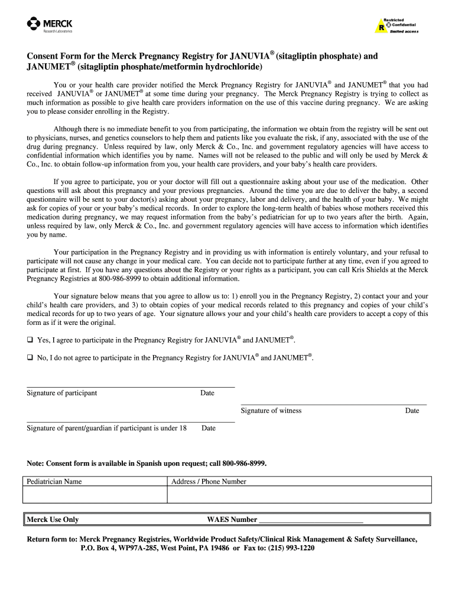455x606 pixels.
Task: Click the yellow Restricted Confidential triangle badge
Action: tap(381, 27)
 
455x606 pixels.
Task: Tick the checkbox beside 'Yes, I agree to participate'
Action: tap(30, 340)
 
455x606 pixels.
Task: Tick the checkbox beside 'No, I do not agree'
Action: tap(30, 358)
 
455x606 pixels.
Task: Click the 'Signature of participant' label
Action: tap(61, 393)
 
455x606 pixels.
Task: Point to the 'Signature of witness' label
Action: tap(271, 411)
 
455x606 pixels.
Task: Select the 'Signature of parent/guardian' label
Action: tap(106, 428)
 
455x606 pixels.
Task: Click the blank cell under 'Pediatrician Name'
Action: tap(95, 495)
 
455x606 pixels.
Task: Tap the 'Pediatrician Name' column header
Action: tap(54, 482)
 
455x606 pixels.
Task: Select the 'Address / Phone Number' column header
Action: tap(209, 482)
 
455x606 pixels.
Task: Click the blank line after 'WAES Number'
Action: tap(311, 520)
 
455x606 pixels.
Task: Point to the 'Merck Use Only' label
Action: tap(53, 520)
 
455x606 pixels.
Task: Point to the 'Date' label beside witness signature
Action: tap(412, 411)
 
